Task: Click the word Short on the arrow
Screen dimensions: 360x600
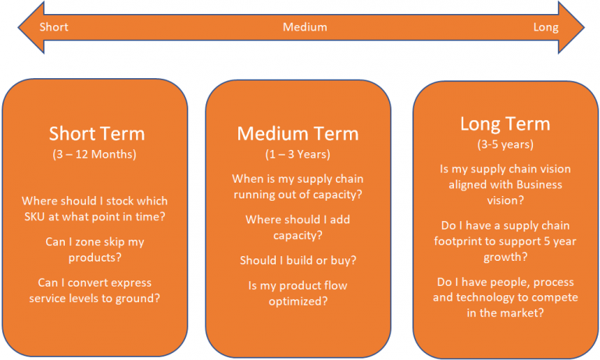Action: (54, 27)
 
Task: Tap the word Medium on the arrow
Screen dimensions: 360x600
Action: (305, 27)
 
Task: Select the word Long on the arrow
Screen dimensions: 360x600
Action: (545, 27)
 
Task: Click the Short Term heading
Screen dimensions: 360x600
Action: (97, 134)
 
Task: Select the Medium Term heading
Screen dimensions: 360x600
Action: (297, 134)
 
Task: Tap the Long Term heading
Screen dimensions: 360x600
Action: (505, 124)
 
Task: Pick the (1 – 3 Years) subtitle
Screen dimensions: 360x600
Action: (297, 155)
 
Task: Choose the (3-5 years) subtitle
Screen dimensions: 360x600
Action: (505, 144)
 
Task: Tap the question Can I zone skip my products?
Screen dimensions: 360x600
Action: (95, 248)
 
